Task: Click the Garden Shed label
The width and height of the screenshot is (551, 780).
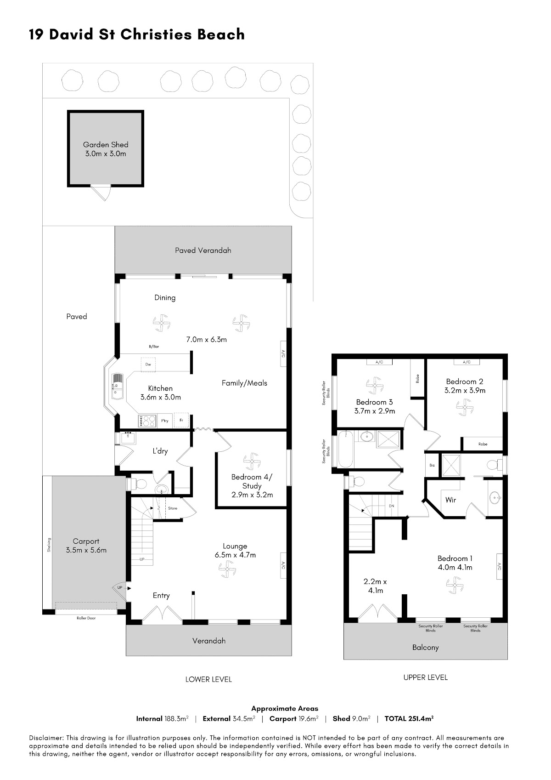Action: pyautogui.click(x=106, y=144)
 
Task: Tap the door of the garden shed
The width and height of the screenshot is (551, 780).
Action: pyautogui.click(x=101, y=193)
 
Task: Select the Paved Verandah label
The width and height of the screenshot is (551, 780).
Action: pyautogui.click(x=203, y=251)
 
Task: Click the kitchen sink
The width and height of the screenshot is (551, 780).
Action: pyautogui.click(x=117, y=386)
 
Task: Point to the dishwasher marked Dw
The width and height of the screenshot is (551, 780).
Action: pyautogui.click(x=148, y=364)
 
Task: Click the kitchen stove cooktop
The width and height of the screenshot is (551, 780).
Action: pyautogui.click(x=147, y=421)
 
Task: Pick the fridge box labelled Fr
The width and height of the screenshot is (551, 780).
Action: pyautogui.click(x=181, y=420)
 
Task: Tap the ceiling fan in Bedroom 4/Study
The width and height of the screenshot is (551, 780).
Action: pyautogui.click(x=252, y=461)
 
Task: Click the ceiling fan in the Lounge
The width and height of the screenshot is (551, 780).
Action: pyautogui.click(x=227, y=569)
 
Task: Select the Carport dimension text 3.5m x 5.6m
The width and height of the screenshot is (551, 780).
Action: pyautogui.click(x=86, y=550)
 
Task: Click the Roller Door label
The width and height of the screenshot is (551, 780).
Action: pyautogui.click(x=86, y=618)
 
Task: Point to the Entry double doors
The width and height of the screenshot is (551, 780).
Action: pyautogui.click(x=163, y=613)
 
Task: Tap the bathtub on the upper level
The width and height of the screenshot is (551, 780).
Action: pyautogui.click(x=345, y=450)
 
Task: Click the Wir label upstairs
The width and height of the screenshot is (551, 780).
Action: pyautogui.click(x=450, y=500)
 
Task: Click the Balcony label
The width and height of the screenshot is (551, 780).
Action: pyautogui.click(x=426, y=647)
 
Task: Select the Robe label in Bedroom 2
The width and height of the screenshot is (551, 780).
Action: pyautogui.click(x=483, y=444)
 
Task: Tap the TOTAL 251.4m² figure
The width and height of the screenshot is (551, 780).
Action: pyautogui.click(x=409, y=718)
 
